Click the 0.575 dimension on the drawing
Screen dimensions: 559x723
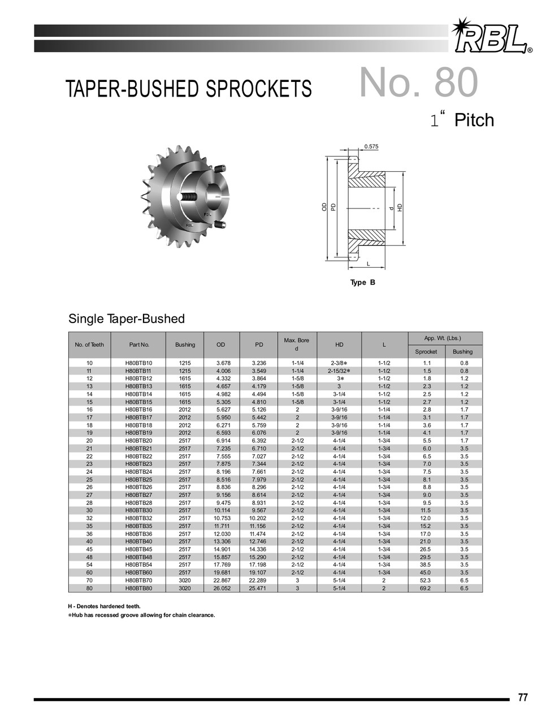[x=371, y=147]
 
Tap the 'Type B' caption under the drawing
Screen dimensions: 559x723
[x=362, y=282]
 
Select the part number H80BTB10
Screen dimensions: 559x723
[x=138, y=363]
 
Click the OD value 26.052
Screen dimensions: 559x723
[x=221, y=588]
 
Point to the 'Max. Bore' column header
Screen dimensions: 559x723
[x=296, y=341]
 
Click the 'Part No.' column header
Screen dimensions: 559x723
[x=138, y=345]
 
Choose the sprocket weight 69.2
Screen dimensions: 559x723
[x=426, y=588]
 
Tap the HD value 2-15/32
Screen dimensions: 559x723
[x=339, y=371]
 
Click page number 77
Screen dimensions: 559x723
[x=522, y=698]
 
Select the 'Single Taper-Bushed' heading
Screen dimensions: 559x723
[x=127, y=319]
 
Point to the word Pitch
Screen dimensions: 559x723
[x=474, y=120]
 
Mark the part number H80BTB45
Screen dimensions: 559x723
[x=138, y=549]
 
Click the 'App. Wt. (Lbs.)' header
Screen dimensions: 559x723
[x=444, y=338]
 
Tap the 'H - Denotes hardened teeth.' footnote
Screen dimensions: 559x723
[x=104, y=607]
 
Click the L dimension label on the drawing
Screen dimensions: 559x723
[x=368, y=264]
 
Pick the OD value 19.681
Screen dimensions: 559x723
[x=221, y=572]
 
